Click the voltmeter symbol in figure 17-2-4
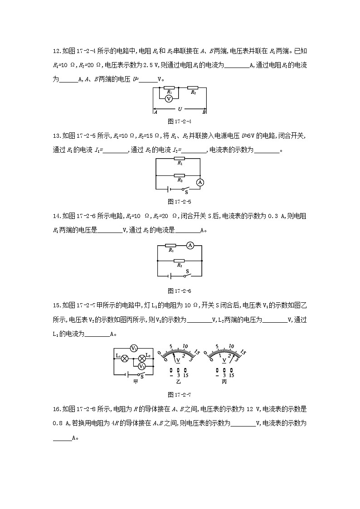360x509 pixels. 168,98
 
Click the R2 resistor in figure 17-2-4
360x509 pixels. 193,87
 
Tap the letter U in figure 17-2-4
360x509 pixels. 180,109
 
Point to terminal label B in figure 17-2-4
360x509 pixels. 204,112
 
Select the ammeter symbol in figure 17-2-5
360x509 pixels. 200,182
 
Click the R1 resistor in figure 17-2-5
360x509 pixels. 180,159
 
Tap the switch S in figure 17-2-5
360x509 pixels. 184,189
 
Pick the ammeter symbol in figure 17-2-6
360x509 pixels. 190,245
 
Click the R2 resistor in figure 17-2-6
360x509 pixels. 180,261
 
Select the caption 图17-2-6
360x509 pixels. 180,291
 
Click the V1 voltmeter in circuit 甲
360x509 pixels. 134,348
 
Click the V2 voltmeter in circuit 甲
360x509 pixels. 142,366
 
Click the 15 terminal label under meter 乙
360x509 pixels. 186,376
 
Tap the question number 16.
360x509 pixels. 57,409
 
